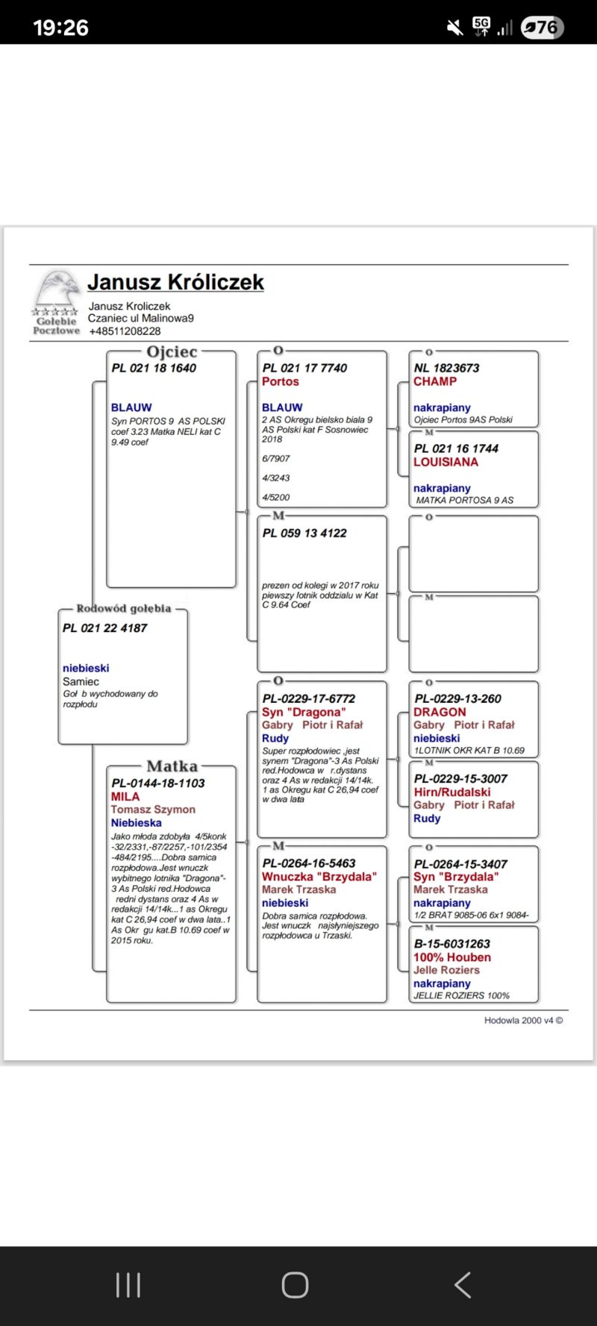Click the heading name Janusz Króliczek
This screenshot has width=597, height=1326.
[175, 282]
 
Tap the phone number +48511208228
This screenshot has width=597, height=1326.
[125, 331]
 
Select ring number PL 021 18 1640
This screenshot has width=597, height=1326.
[154, 368]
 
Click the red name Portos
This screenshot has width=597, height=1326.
[280, 381]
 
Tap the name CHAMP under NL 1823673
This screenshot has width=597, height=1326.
[435, 381]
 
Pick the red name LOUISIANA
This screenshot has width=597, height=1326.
[446, 462]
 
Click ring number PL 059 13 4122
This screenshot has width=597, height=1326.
[304, 533]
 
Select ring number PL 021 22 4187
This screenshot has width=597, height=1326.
[104, 628]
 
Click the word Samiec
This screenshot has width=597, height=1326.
[81, 681]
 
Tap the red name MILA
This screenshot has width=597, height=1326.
[125, 796]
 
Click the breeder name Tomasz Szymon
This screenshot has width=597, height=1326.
[153, 810]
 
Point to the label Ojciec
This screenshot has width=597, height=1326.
[172, 351]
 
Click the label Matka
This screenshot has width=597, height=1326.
[172, 766]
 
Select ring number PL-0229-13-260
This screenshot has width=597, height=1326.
[457, 698]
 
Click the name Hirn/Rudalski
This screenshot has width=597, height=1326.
[452, 792]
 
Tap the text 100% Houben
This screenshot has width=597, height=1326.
[452, 957]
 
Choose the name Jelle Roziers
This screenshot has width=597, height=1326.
[446, 970]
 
